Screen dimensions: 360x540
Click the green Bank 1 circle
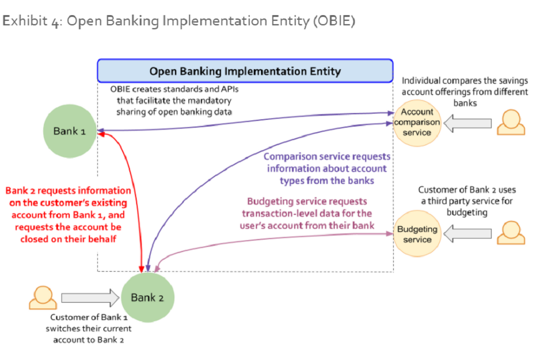point(70,132)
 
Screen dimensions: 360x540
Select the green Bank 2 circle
point(147,298)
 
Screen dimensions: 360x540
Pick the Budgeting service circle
point(417,234)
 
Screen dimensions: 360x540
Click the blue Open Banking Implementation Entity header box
point(245,71)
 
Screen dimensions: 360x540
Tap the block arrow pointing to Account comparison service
point(468,123)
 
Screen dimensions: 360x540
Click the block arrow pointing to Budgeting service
point(468,234)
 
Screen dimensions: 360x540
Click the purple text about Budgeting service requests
point(307,214)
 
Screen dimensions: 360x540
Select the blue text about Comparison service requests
point(326,168)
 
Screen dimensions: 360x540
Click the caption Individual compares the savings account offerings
point(465,92)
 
